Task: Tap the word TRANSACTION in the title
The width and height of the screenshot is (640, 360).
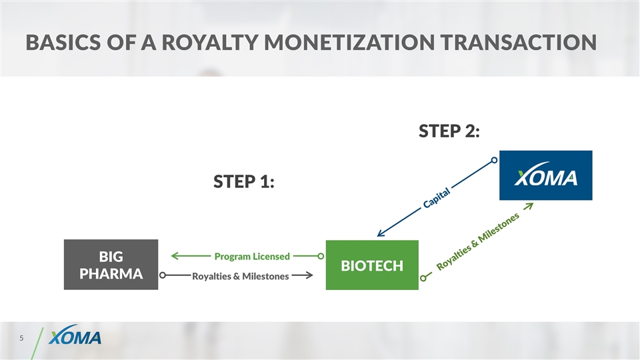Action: [x=521, y=43]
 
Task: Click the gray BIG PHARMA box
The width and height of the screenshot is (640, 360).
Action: [x=111, y=265]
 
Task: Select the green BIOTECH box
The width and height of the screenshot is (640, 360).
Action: [x=371, y=265]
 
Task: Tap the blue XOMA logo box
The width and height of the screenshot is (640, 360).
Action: [x=545, y=175]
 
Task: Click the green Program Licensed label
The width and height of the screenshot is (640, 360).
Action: [x=252, y=256]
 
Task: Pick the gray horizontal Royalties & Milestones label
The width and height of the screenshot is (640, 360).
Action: [x=240, y=276]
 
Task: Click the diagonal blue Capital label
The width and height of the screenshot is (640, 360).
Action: [x=437, y=197]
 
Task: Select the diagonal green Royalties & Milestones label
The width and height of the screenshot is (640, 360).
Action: [x=477, y=243]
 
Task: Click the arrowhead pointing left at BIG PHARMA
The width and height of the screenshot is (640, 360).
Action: [x=175, y=255]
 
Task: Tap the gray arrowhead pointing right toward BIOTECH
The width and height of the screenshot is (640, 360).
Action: [x=310, y=275]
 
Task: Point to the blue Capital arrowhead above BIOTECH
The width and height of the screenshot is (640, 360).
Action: [x=380, y=233]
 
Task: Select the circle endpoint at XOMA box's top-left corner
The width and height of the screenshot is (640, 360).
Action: [x=495, y=160]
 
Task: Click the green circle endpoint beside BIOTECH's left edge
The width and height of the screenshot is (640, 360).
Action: [x=321, y=255]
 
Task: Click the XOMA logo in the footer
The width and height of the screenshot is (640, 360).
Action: [x=75, y=338]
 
